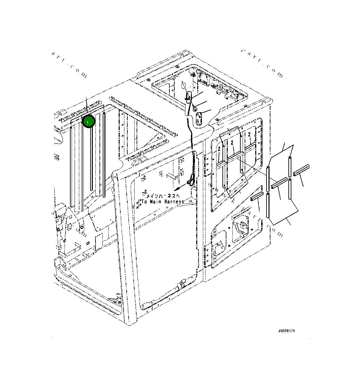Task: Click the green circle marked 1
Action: tap(89, 121)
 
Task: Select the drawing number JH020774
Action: tap(286, 331)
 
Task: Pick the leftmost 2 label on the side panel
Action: tap(219, 149)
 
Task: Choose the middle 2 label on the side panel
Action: tap(232, 143)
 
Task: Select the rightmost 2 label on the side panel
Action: tap(249, 134)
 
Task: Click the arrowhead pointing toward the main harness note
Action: tap(176, 188)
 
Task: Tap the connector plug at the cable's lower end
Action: tap(190, 181)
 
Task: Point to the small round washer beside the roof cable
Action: tap(195, 110)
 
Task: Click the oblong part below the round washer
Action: tap(199, 118)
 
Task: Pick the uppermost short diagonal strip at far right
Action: tap(301, 170)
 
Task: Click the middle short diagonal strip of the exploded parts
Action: tap(279, 183)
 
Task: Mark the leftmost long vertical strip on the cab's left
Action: tap(71, 166)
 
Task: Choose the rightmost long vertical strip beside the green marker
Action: tap(104, 155)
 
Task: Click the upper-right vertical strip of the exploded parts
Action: tap(290, 166)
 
